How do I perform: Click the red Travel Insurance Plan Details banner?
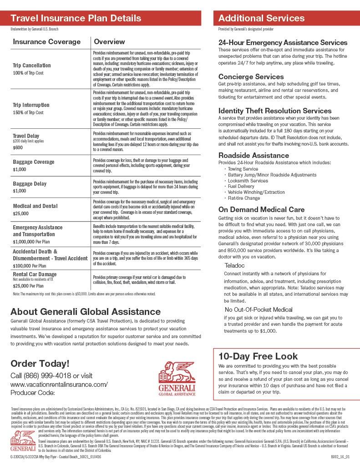click(x=101, y=18)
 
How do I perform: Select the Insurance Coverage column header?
click(x=46, y=42)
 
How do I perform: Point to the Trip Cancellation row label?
click(x=32, y=66)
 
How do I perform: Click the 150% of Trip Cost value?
click(x=28, y=112)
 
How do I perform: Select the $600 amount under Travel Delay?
click(x=18, y=147)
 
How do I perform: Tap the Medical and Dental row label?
click(x=35, y=206)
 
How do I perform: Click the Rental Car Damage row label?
click(x=35, y=274)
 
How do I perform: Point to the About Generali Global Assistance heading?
click(x=86, y=312)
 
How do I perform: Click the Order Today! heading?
click(x=40, y=363)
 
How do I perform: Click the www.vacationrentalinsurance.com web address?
click(x=59, y=384)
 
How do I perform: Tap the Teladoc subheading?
click(x=235, y=265)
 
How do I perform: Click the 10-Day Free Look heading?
click(x=258, y=356)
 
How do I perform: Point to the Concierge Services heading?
click(x=251, y=76)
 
